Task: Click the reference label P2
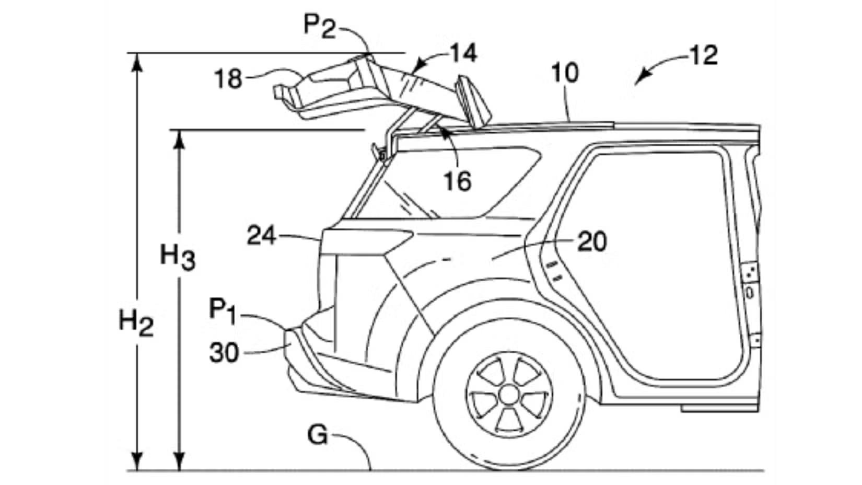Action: [320, 26]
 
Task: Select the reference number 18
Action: [228, 79]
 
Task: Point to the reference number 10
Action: [565, 73]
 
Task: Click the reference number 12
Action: [703, 55]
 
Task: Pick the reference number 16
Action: [458, 181]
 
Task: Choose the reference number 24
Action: [261, 236]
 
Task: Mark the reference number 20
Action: [592, 242]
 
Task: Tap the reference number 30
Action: [224, 353]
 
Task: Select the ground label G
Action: [318, 435]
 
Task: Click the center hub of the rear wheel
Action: [508, 394]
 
